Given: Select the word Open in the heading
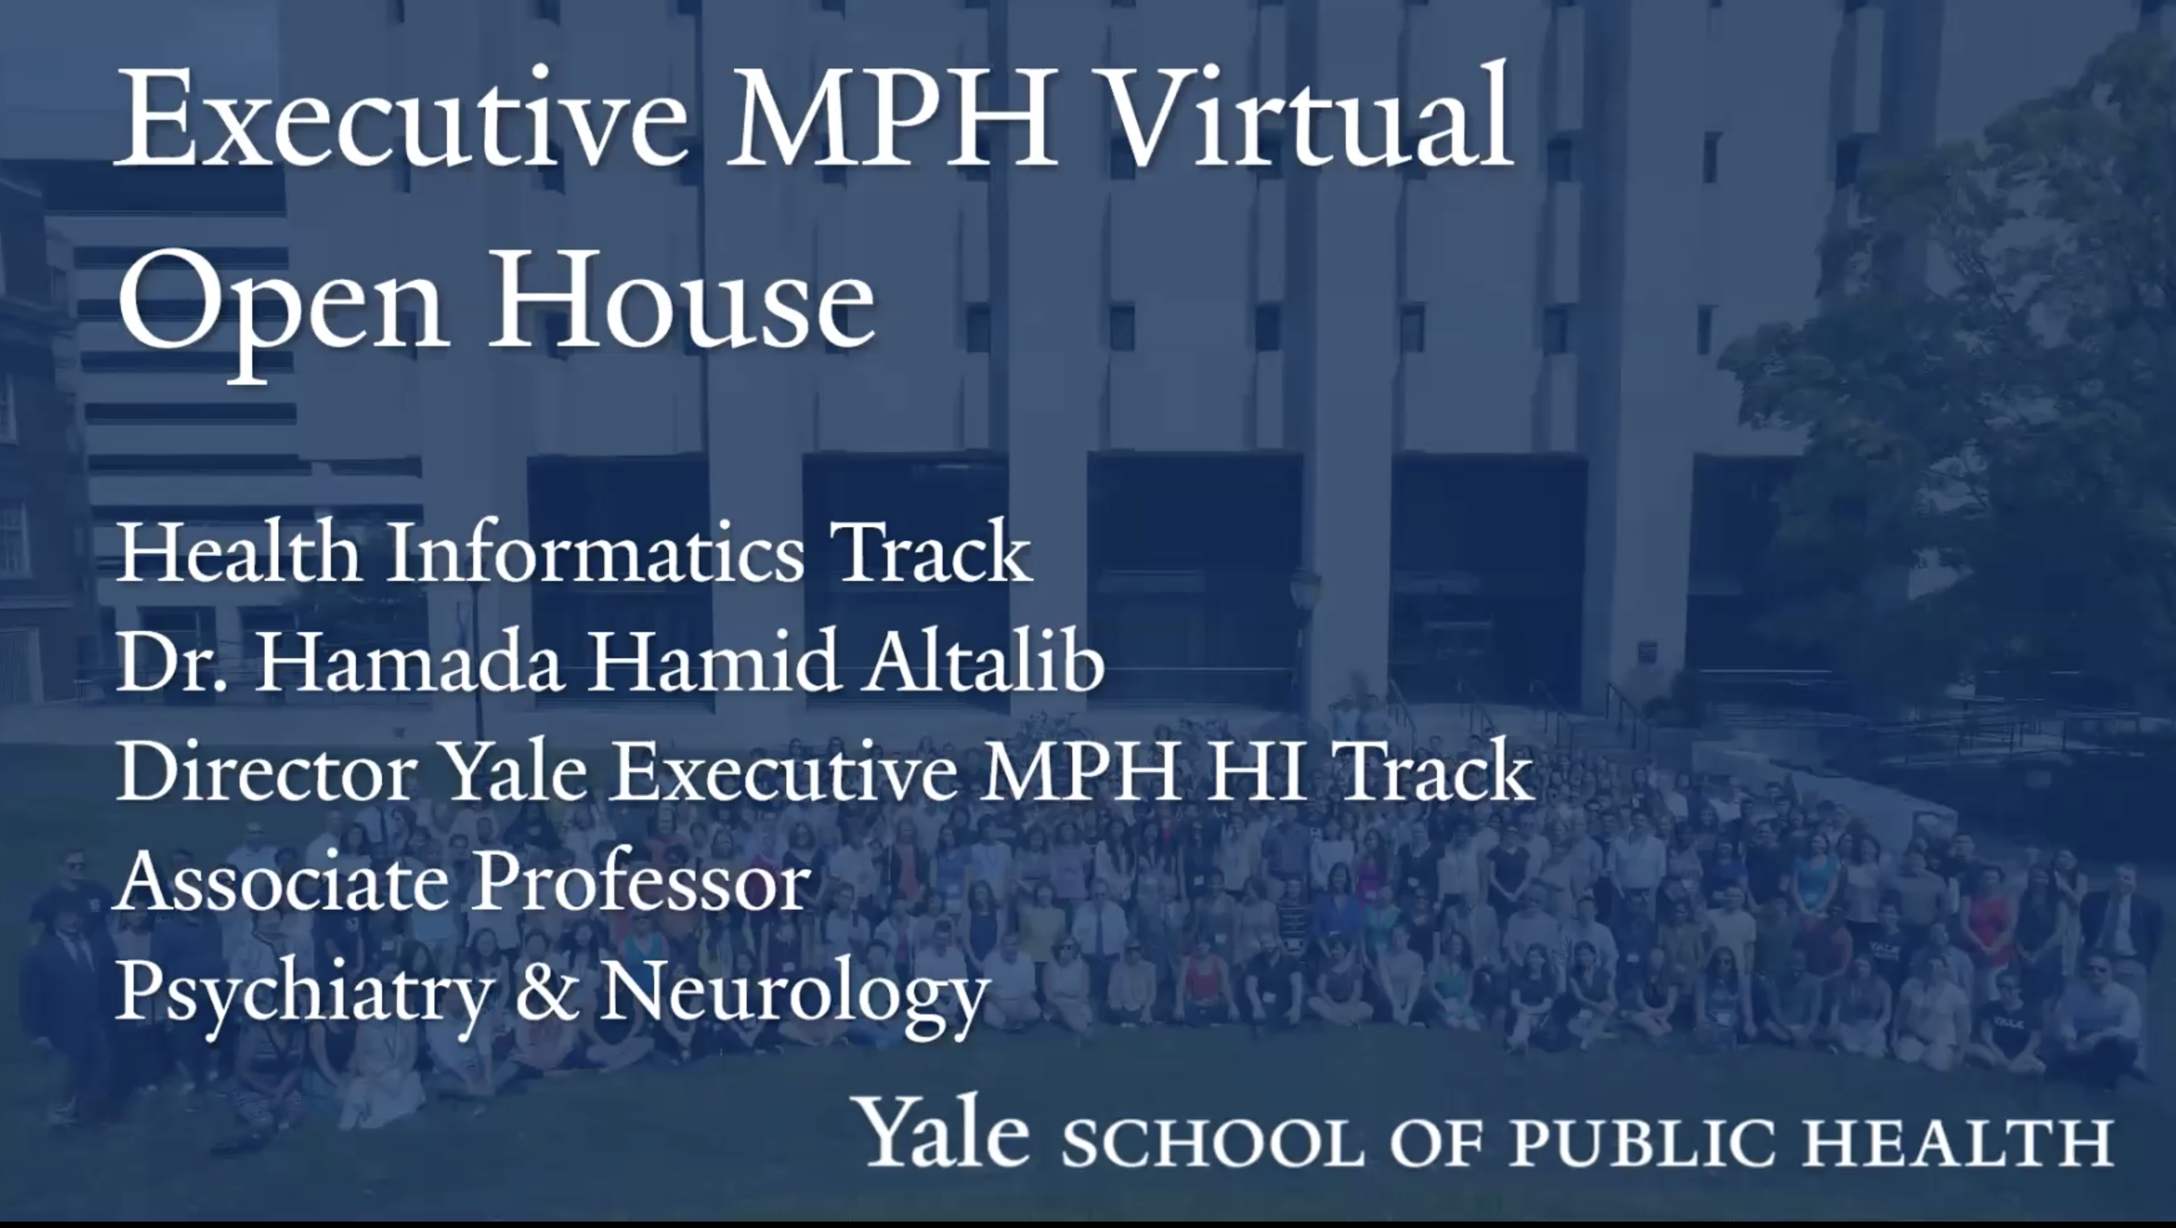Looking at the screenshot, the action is click(282, 313).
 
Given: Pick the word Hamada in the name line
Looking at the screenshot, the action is click(409, 660).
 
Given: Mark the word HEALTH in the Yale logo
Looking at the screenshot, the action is click(1959, 1142).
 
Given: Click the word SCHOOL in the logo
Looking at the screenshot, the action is click(1213, 1142).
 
